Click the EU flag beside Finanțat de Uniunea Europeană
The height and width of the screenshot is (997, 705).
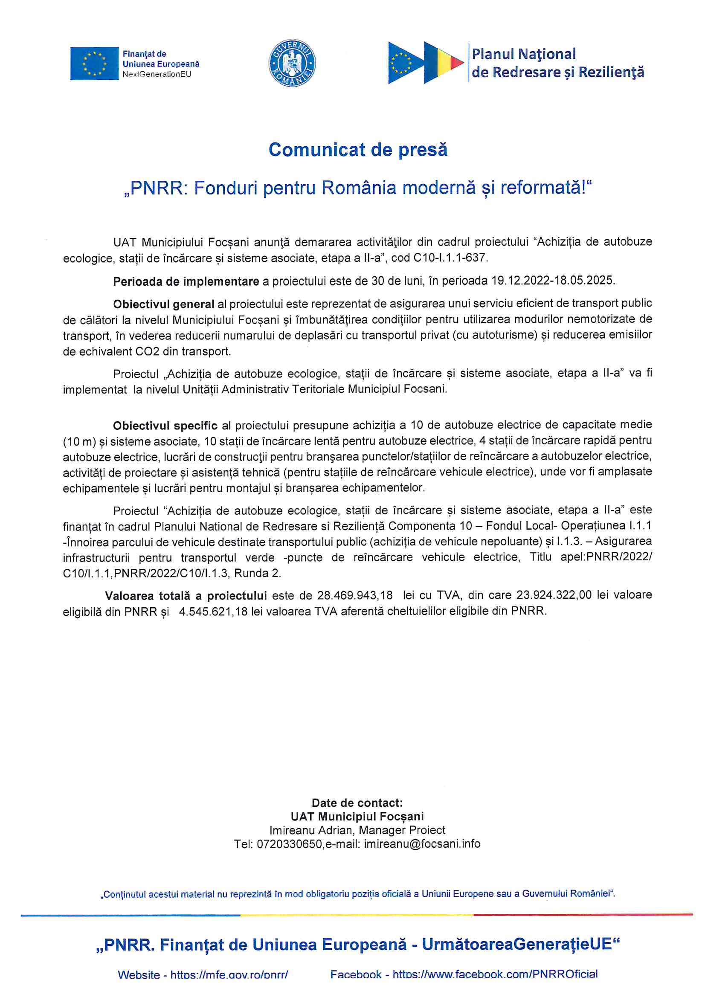pyautogui.click(x=94, y=64)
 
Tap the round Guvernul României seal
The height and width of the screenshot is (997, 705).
pyautogui.click(x=292, y=64)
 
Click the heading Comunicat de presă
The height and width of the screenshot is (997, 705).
pyautogui.click(x=357, y=150)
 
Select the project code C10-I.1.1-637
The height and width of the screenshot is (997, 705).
pyautogui.click(x=450, y=258)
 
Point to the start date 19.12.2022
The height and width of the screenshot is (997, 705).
pyautogui.click(x=520, y=281)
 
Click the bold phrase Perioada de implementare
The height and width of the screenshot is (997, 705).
pyautogui.click(x=186, y=281)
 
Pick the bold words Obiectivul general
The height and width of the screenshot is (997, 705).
pyautogui.click(x=163, y=304)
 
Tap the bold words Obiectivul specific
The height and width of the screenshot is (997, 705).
pyautogui.click(x=165, y=425)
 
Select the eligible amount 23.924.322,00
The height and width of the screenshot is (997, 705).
pyautogui.click(x=554, y=595)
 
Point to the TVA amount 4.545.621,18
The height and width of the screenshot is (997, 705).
pyautogui.click(x=213, y=612)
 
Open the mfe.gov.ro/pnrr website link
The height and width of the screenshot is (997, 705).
pyautogui.click(x=229, y=975)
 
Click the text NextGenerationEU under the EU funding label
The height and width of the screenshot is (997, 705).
pyautogui.click(x=157, y=74)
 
